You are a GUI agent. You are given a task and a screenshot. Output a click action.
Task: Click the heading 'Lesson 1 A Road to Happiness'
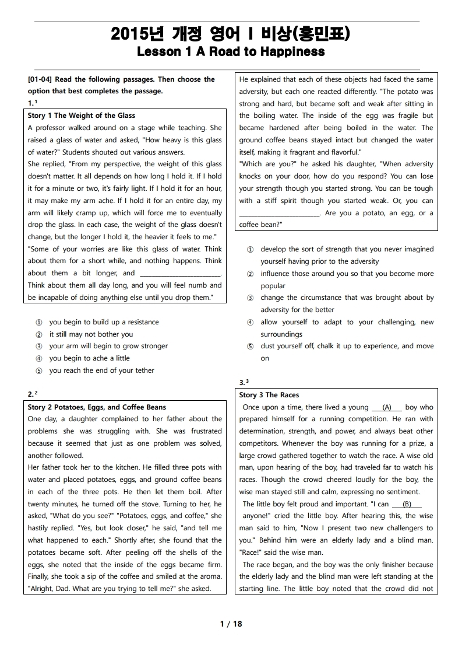tap(231, 52)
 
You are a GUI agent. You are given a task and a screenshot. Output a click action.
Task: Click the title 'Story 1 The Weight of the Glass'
tap(82, 116)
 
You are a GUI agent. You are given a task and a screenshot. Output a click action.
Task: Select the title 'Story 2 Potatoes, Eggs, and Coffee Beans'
tap(97, 407)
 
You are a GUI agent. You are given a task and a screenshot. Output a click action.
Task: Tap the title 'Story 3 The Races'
tap(269, 395)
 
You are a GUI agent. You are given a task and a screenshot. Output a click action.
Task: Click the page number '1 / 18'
tap(231, 624)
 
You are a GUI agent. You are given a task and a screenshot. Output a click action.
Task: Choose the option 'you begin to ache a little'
tap(89, 358)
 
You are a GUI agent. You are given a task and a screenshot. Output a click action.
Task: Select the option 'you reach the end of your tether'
tap(101, 370)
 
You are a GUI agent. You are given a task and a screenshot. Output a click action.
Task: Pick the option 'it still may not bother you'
tap(91, 334)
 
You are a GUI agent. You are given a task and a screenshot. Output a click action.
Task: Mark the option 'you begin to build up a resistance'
tap(104, 322)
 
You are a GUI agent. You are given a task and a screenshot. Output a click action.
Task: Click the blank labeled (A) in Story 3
tap(386, 407)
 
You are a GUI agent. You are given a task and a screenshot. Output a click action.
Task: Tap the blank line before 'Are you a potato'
tap(280, 214)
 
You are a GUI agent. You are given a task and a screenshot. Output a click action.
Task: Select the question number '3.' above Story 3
tap(244, 382)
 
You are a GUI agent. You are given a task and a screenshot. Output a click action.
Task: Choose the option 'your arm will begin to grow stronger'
tap(108, 346)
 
